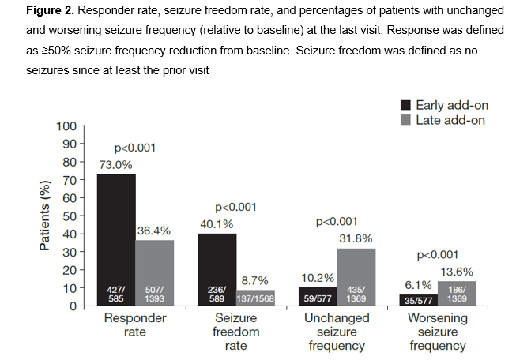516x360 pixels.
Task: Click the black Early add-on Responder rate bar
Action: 116,237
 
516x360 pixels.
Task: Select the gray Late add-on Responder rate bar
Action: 155,268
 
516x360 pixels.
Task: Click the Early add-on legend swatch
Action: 405,105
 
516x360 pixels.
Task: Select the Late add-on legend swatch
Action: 405,120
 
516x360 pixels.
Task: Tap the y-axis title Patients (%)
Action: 45,216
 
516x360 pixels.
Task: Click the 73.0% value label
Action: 116,164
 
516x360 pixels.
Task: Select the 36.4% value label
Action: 155,231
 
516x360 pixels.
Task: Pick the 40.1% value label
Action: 217,223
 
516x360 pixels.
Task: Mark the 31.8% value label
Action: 357,238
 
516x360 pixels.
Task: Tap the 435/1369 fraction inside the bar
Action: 357,294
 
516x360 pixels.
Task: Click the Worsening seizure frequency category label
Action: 437,332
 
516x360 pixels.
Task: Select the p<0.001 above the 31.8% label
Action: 337,223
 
